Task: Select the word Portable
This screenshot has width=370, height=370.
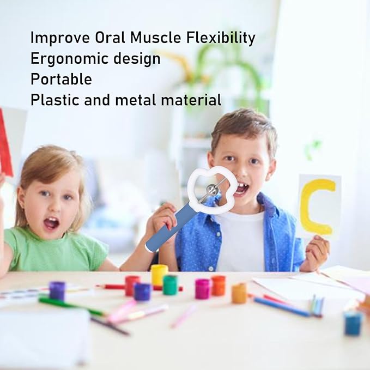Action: pyautogui.click(x=61, y=80)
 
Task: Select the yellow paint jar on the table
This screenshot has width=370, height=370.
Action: pyautogui.click(x=159, y=275)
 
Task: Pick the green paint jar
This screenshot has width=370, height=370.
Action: pyautogui.click(x=170, y=284)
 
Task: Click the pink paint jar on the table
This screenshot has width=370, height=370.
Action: pyautogui.click(x=203, y=288)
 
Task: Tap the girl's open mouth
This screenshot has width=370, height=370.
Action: pyautogui.click(x=51, y=222)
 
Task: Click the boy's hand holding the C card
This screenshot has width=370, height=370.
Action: pyautogui.click(x=318, y=252)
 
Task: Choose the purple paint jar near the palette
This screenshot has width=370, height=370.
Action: pyautogui.click(x=57, y=290)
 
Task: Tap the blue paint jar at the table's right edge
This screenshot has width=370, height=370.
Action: pyautogui.click(x=353, y=323)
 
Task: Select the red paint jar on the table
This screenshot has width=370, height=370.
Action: pyautogui.click(x=132, y=285)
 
